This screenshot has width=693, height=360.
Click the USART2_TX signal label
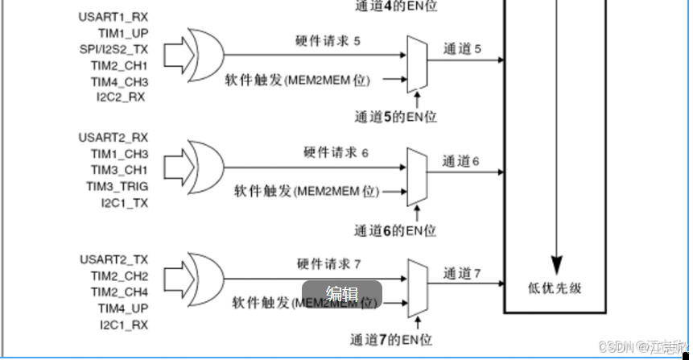113,259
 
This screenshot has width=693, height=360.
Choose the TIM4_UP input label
123,308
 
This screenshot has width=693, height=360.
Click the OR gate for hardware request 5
206,55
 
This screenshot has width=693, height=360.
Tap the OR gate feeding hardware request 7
206,278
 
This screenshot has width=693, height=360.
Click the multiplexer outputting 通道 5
418,64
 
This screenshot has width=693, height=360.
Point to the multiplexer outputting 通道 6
418,175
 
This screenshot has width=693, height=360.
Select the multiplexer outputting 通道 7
418,287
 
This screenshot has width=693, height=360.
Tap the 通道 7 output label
461,274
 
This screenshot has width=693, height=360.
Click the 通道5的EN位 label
396,117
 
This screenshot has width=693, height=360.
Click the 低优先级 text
554,288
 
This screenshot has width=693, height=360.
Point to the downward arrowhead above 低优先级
556,263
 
